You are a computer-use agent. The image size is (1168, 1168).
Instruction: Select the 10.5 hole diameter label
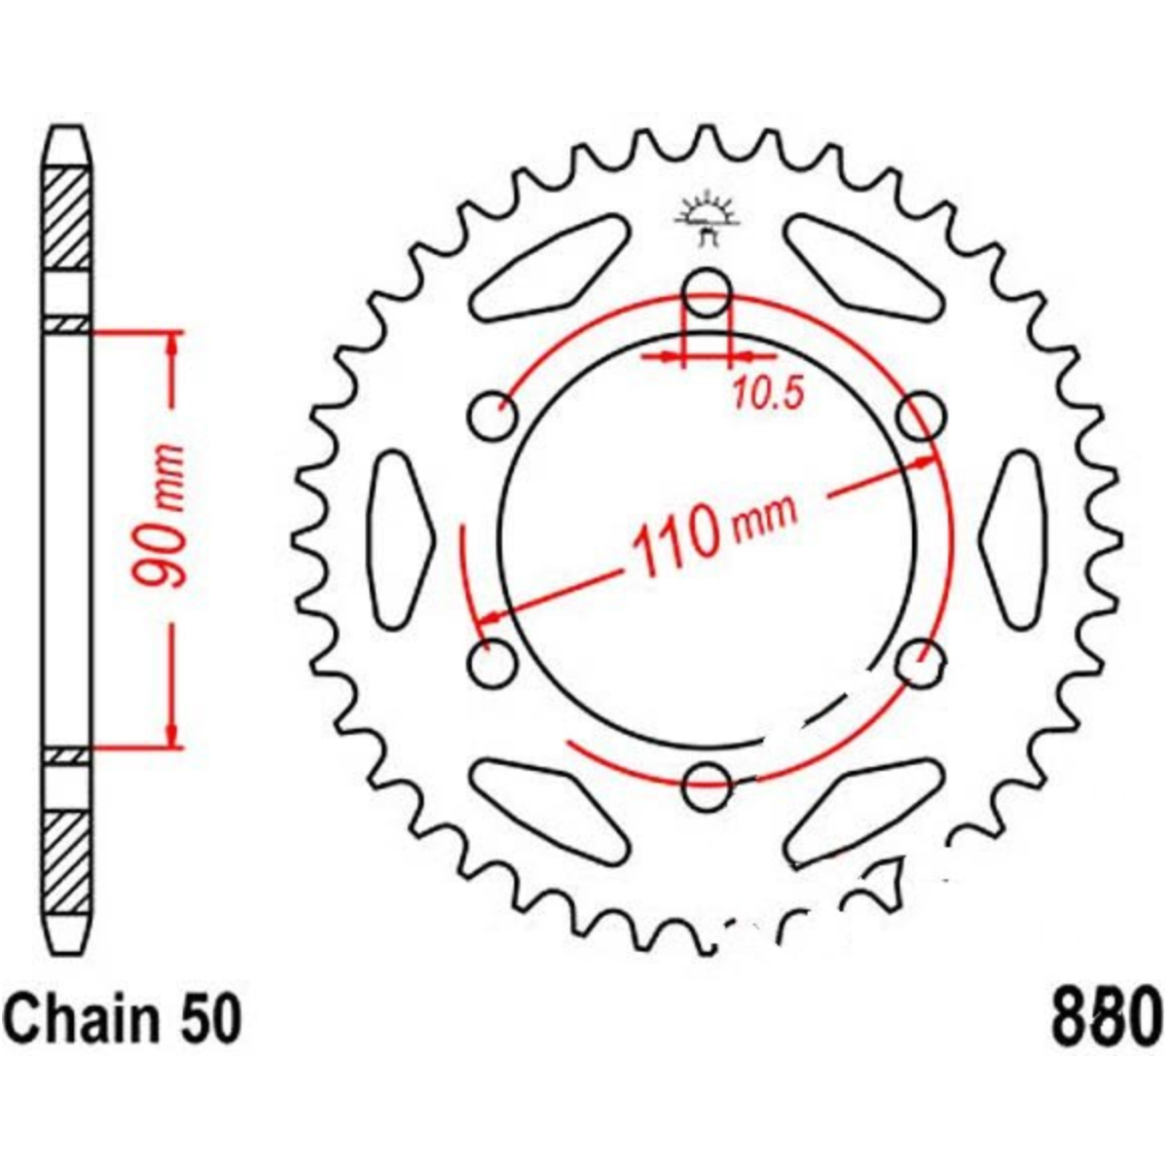pyautogui.click(x=768, y=394)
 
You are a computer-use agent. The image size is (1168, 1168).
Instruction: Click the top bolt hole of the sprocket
pyautogui.click(x=707, y=293)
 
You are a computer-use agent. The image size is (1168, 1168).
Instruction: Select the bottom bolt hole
pyautogui.click(x=707, y=786)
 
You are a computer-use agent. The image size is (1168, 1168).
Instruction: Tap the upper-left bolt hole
pyautogui.click(x=494, y=417)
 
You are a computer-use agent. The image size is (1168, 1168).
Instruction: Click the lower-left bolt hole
pyautogui.click(x=494, y=663)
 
